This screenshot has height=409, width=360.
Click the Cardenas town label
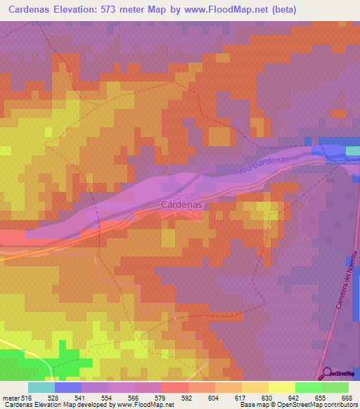pos(181,204)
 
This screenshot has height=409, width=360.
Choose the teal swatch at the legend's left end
pos(41,387)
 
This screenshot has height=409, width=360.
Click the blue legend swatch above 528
pos(68,387)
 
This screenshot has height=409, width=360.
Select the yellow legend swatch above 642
pos(282,387)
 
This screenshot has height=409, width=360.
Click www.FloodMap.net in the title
pos(217,10)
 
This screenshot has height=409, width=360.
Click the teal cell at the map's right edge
pos(354,150)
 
